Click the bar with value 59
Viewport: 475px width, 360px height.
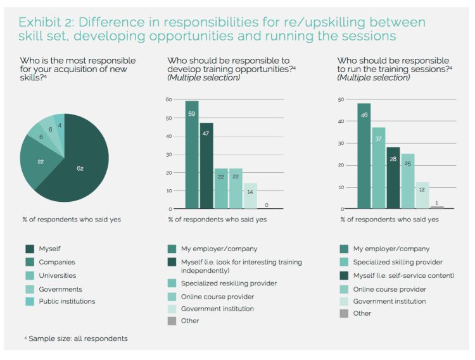click(191, 155)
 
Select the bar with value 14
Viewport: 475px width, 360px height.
click(250, 196)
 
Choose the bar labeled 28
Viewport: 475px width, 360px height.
click(393, 178)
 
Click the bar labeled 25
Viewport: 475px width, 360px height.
click(408, 181)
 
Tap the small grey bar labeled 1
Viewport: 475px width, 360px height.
click(437, 207)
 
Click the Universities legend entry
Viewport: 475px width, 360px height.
click(58, 275)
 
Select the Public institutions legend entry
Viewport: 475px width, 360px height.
click(67, 301)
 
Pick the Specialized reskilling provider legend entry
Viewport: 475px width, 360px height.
click(229, 283)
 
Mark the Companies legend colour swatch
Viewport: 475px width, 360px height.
click(28, 262)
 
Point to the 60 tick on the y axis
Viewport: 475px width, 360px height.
click(169, 99)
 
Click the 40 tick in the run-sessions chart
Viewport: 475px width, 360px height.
click(341, 121)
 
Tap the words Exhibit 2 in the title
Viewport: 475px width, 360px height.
click(50, 22)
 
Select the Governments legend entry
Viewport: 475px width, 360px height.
click(60, 289)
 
